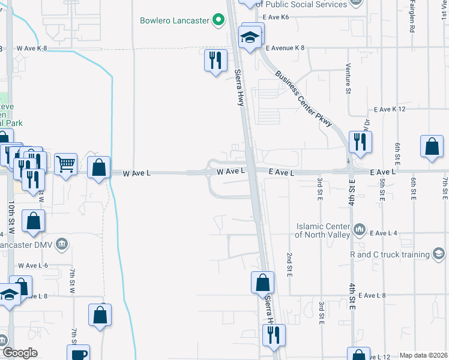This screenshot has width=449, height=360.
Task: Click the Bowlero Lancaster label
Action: [174, 20]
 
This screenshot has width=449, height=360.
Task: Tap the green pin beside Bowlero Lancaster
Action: [218, 20]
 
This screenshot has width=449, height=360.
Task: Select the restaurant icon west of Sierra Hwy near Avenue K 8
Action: [215, 61]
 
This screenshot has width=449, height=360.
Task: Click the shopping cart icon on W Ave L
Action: [65, 163]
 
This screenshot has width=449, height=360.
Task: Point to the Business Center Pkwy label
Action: [304, 98]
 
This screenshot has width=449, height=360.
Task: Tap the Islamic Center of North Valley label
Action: [323, 230]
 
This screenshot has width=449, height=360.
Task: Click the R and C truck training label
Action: [390, 254]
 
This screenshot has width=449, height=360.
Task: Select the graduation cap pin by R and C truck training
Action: [439, 254]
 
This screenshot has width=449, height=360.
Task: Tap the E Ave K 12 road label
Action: [390, 109]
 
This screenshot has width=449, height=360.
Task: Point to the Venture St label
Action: [348, 79]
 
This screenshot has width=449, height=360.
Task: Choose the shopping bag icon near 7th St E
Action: [432, 147]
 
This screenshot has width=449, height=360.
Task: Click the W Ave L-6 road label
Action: [33, 265]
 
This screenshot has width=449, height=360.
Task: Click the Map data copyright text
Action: [423, 355]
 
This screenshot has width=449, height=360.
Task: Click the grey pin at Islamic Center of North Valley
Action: [359, 229]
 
